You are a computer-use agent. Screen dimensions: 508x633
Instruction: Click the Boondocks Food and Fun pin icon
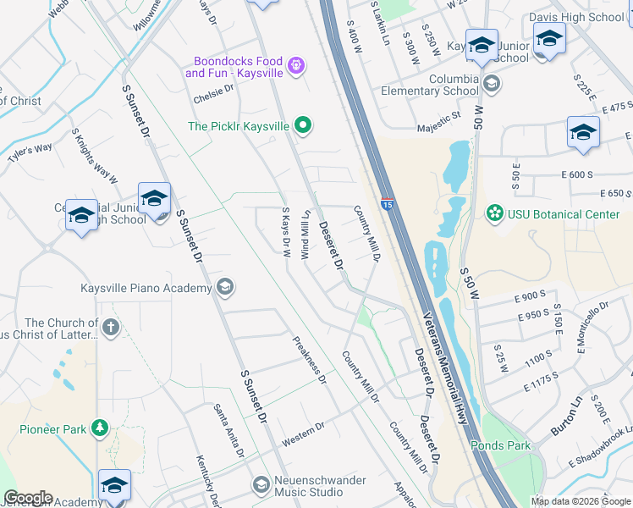click(x=296, y=65)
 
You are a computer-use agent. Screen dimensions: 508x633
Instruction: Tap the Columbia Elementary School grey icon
click(x=492, y=84)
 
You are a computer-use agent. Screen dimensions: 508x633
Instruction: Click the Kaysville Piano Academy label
click(x=146, y=289)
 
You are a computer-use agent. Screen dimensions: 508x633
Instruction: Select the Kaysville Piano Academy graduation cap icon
click(x=224, y=288)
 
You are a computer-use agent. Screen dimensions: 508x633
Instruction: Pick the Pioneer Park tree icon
click(x=100, y=428)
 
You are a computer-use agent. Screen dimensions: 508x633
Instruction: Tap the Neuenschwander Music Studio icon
click(x=261, y=484)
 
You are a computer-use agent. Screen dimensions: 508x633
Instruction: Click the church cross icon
click(x=110, y=327)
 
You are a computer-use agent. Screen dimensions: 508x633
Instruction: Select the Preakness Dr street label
click(x=310, y=361)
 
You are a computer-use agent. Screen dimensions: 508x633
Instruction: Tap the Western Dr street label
click(x=303, y=433)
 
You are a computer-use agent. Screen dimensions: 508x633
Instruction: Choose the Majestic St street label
click(x=438, y=128)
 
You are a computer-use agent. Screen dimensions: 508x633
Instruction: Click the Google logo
click(x=28, y=498)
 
